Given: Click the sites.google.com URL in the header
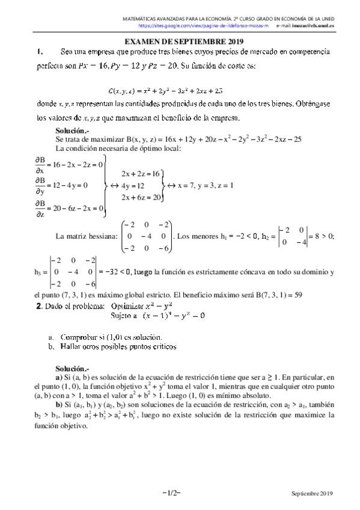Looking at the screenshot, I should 202,26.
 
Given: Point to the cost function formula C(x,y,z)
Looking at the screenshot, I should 165,91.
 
